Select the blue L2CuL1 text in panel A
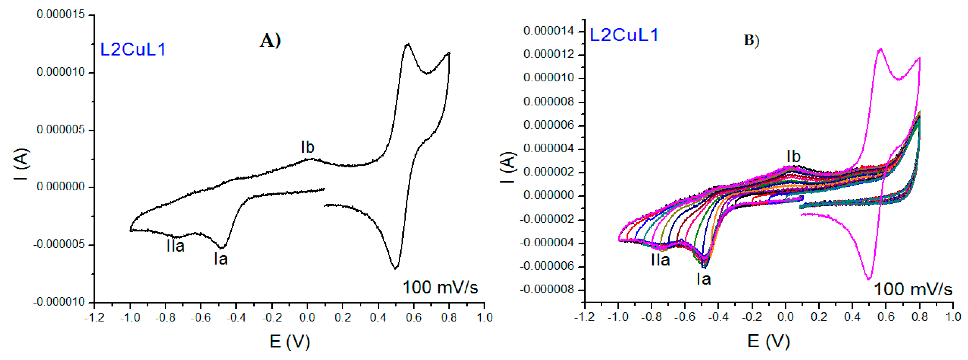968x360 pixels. [133, 49]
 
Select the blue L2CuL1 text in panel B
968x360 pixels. [624, 35]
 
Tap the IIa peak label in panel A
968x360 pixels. [175, 246]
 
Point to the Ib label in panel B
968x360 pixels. [793, 157]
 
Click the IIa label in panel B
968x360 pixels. [660, 260]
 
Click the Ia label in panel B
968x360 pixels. [703, 279]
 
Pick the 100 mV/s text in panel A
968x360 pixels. [440, 287]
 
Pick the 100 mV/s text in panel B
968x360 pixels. [913, 289]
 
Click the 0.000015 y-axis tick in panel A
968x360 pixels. [60, 15]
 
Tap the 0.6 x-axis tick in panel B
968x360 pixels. [886, 317]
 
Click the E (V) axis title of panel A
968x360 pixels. [290, 341]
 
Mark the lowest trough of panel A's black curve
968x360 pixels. [395, 268]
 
